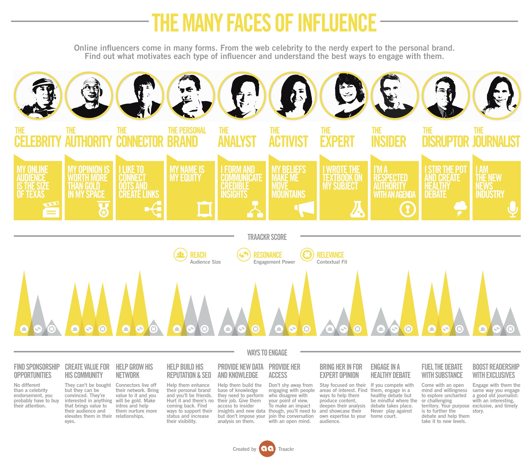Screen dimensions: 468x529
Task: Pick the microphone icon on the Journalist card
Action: (x=513, y=209)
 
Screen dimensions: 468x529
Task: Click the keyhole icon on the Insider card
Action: (x=408, y=209)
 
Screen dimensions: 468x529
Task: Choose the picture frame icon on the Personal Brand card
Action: (x=205, y=209)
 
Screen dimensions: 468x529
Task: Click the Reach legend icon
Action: (x=180, y=255)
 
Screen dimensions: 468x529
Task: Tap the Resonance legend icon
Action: (x=244, y=255)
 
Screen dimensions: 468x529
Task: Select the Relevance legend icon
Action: (x=307, y=255)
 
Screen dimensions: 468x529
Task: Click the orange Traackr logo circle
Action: (x=267, y=449)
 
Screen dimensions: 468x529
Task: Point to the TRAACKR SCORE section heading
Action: (x=267, y=237)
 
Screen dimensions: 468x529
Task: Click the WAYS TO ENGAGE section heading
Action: (x=267, y=353)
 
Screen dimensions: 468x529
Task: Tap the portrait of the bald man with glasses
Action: (x=89, y=96)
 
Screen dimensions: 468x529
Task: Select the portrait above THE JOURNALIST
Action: (x=496, y=96)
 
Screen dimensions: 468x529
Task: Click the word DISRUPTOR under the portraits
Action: (x=445, y=141)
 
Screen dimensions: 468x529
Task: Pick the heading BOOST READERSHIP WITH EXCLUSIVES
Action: (x=496, y=371)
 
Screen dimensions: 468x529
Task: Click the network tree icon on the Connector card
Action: (x=153, y=209)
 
